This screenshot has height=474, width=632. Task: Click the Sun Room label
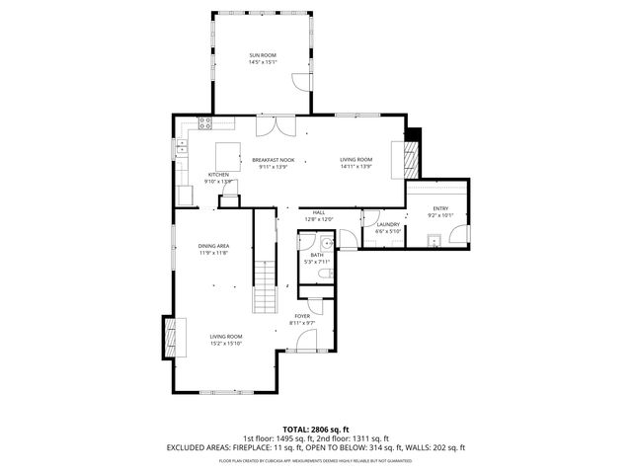tap(262, 54)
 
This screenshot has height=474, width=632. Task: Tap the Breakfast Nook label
tap(273, 160)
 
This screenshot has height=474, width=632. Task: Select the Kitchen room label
tap(218, 175)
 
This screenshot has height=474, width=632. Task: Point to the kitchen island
tap(228, 155)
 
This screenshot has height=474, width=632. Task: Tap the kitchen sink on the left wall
tap(182, 149)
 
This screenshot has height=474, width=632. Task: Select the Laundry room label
tap(388, 224)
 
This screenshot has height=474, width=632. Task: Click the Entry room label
tap(439, 208)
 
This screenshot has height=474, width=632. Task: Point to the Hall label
tap(319, 212)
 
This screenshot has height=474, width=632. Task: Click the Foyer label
tap(302, 316)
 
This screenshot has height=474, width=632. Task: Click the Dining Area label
tap(214, 246)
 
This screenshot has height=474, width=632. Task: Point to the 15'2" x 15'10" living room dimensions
tap(226, 344)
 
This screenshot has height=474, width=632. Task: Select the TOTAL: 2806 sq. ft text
tap(316, 429)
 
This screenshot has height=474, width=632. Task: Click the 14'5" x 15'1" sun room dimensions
tap(262, 62)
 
